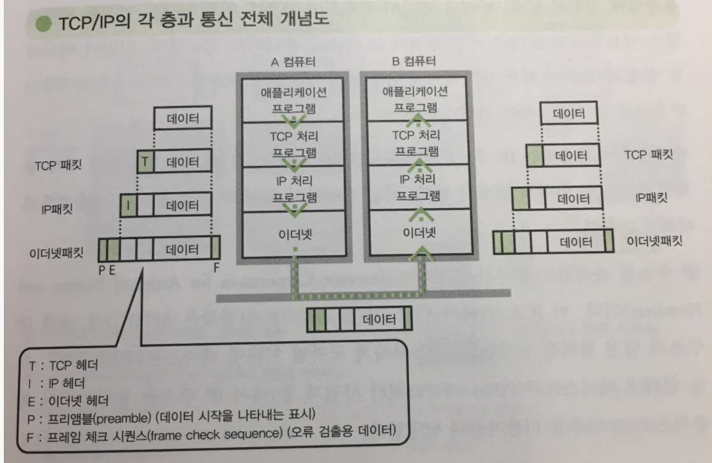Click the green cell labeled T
(x=145, y=161)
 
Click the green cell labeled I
(x=128, y=205)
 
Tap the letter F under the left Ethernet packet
(x=216, y=270)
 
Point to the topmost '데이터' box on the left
(x=183, y=119)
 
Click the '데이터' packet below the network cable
(x=378, y=318)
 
